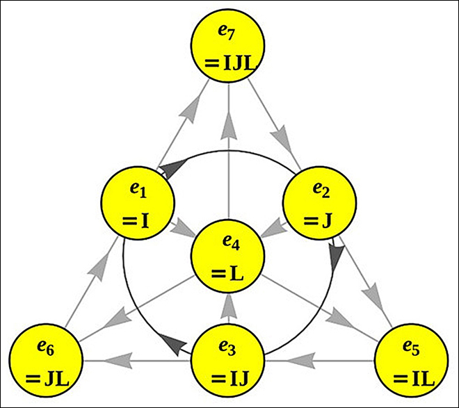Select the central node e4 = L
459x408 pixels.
point(229,254)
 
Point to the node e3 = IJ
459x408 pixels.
point(229,361)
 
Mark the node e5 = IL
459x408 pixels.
point(409,361)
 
